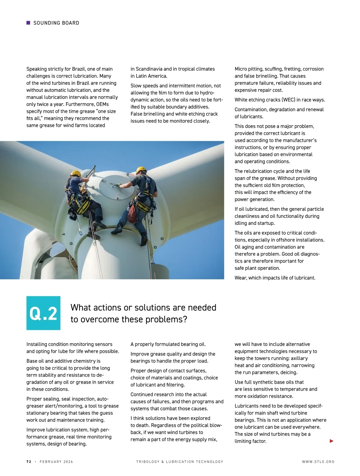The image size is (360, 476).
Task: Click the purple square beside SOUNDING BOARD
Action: click(x=28, y=23)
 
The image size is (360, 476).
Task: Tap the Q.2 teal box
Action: click(x=43, y=313)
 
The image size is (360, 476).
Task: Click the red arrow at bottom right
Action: click(x=331, y=441)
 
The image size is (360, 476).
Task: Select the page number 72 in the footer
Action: click(x=29, y=462)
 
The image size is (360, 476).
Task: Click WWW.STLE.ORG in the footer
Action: click(x=318, y=462)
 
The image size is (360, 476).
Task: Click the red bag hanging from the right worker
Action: click(x=132, y=213)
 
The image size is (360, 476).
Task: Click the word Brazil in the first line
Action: click(x=79, y=69)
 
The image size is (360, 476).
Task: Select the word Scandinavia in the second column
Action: click(x=149, y=69)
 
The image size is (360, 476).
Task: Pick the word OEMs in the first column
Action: click(x=102, y=104)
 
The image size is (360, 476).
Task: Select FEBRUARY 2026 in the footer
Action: click(x=56, y=462)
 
